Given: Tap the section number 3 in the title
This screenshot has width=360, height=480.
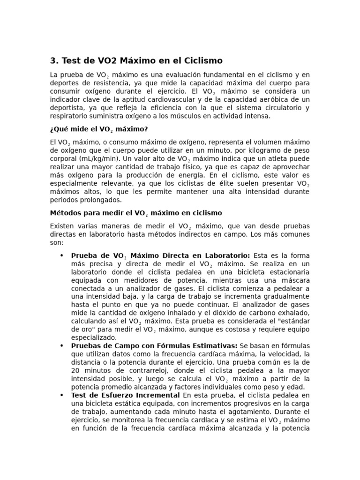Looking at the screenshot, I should coord(53,61).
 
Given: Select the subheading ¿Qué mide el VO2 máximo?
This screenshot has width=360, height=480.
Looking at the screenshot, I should coord(99,129).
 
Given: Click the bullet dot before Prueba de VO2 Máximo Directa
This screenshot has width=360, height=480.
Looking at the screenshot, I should coord(61,255).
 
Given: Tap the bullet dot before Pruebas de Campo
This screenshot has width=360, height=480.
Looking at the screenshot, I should coord(61,345).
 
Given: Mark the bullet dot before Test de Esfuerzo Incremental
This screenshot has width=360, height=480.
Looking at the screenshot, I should coord(61,395).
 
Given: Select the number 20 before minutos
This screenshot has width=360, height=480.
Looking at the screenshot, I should coord(75,370).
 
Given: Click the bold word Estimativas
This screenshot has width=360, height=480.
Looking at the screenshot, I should coord(213,345).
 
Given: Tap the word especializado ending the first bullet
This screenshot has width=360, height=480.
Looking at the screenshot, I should coord(94,337).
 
